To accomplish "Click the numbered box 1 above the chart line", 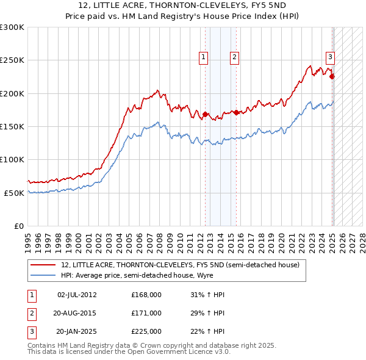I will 203,58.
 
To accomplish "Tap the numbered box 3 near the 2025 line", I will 330,58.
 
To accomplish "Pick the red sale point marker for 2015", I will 237,113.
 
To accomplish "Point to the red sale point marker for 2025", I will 332,77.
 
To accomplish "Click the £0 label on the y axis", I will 18,226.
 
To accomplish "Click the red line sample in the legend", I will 44,265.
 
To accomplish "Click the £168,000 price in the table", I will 146,295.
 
